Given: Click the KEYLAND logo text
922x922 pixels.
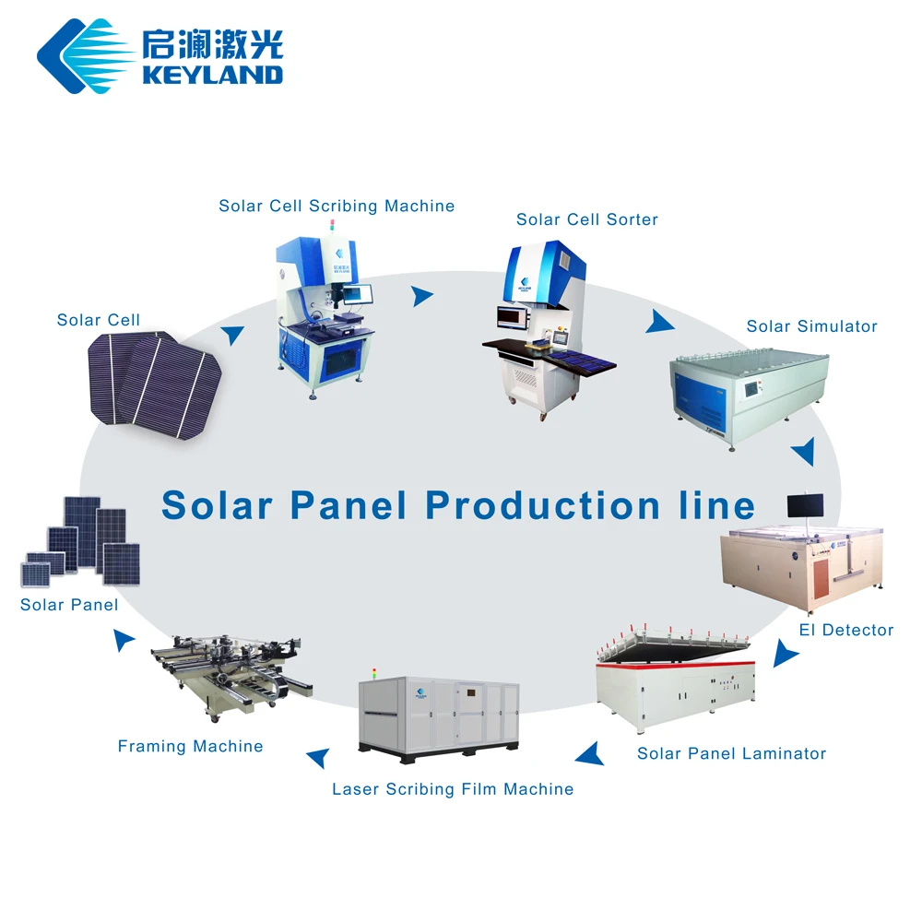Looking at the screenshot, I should tap(212, 74).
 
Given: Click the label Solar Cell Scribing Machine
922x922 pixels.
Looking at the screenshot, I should tap(337, 206).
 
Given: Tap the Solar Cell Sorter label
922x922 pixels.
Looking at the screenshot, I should tap(587, 219).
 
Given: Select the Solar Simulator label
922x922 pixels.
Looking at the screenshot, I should tap(811, 326).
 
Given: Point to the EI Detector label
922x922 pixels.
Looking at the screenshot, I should tap(845, 631).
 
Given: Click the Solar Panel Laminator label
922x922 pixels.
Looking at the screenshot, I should tap(731, 754).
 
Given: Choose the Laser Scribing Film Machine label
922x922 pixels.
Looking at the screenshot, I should tap(453, 789).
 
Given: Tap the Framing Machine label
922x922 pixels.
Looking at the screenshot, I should tap(190, 747).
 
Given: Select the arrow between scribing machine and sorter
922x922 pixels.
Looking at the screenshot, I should tap(421, 296).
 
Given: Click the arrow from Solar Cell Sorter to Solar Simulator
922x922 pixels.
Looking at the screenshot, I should tap(658, 322).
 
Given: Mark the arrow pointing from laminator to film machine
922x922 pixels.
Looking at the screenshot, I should tap(590, 754).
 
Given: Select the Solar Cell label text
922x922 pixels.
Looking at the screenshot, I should tap(99, 320).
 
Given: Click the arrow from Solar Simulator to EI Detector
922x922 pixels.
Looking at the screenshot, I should tap(804, 452).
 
